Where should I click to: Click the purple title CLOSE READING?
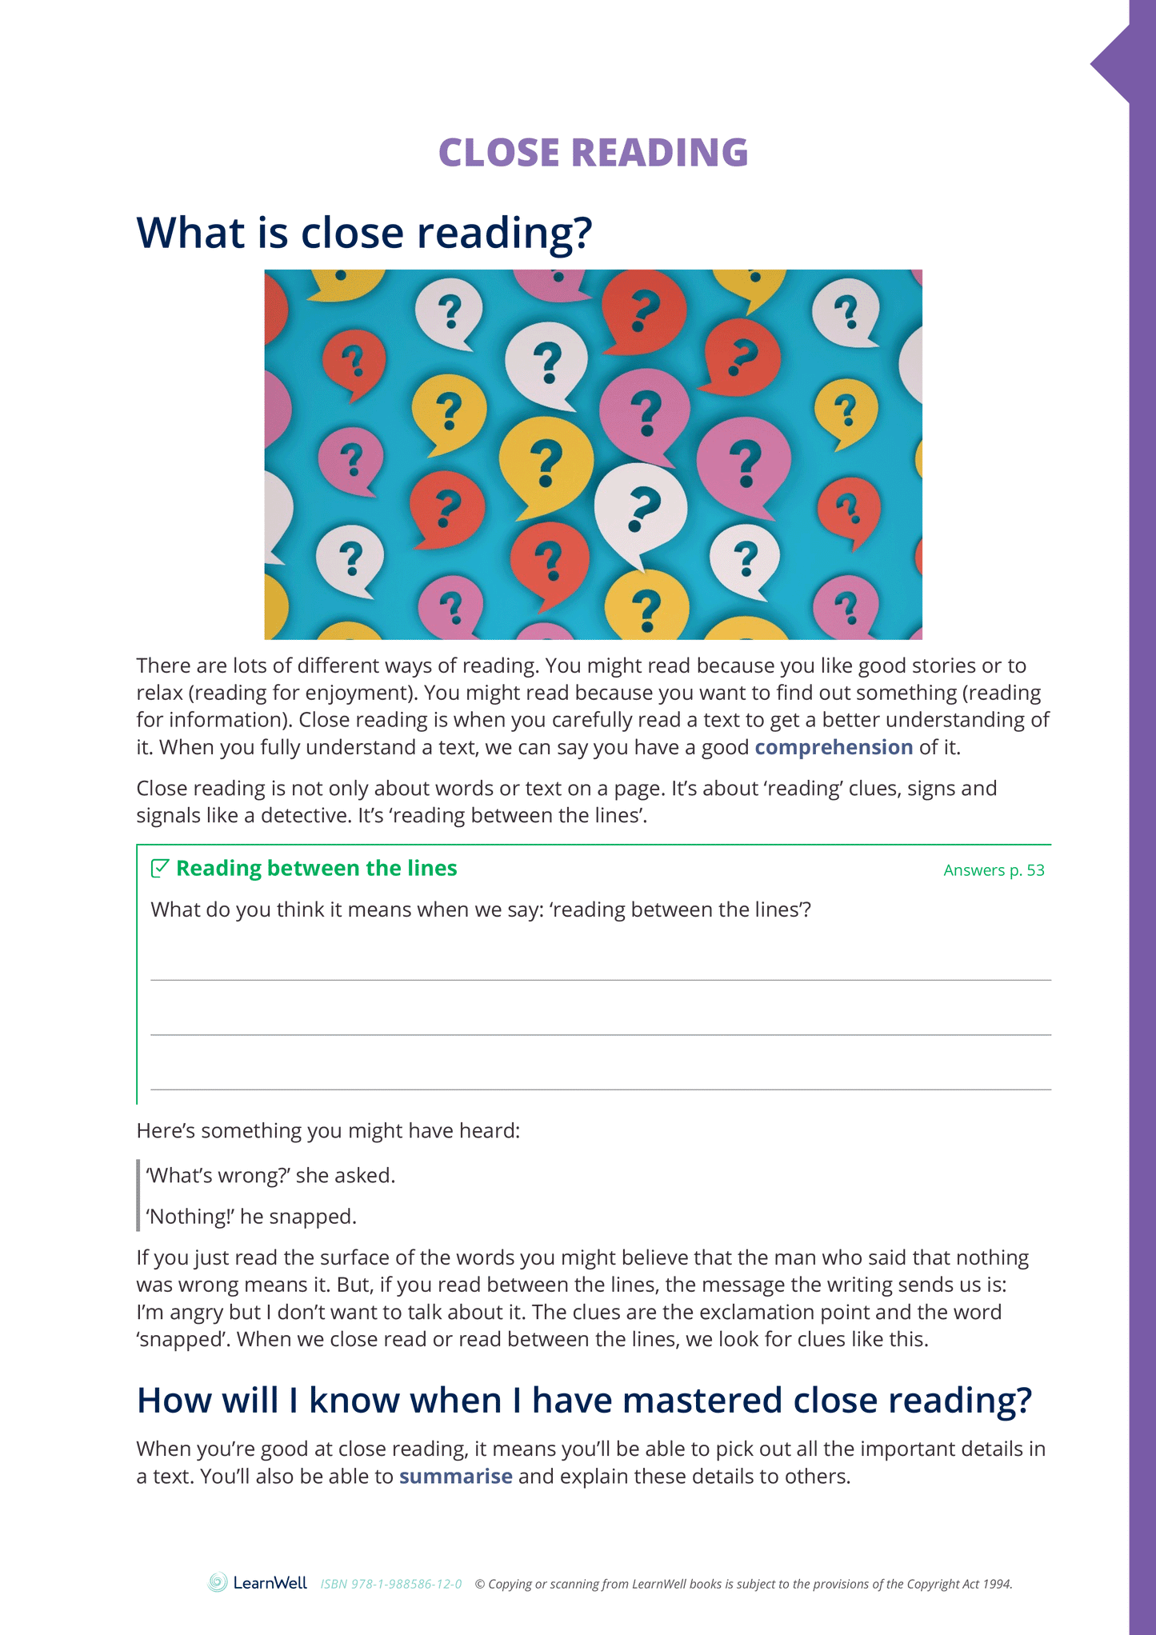593,153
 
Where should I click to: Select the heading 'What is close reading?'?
364,233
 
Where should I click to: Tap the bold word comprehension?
834,747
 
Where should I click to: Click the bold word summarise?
455,1476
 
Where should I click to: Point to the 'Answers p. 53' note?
994,870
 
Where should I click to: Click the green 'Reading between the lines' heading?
316,869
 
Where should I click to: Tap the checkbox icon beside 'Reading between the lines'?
160,868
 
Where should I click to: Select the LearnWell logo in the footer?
258,1582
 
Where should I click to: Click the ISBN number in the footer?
391,1584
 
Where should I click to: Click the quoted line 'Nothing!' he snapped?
251,1217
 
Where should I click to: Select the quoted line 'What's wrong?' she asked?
270,1175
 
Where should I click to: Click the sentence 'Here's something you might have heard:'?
328,1130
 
